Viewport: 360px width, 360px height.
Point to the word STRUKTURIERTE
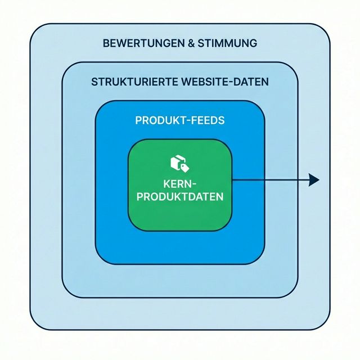tap(134, 82)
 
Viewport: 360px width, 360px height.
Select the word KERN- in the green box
tap(180, 184)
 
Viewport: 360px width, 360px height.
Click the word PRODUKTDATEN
tap(180, 197)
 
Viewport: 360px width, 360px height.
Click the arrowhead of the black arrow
tap(314, 180)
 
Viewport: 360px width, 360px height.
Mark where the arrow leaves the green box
tap(232, 180)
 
